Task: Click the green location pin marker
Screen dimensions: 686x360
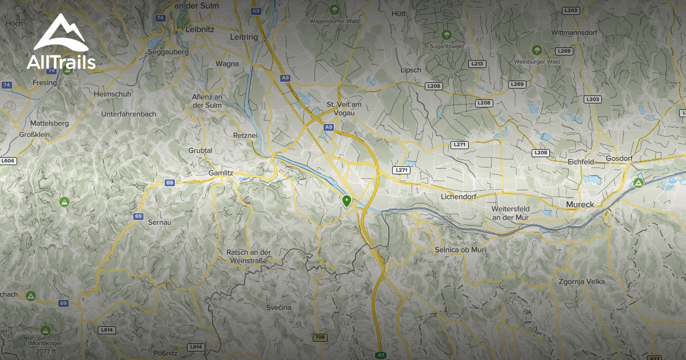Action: tap(346, 201)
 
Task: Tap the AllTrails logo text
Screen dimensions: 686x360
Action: tap(61, 62)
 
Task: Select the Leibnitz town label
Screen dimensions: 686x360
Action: tap(199, 28)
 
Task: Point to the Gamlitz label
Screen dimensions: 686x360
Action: tap(221, 172)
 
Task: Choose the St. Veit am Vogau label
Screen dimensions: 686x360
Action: tap(344, 109)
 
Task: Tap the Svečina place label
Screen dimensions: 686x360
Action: tap(278, 307)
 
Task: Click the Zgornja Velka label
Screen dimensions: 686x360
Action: tap(581, 282)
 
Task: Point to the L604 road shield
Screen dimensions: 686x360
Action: tap(7, 162)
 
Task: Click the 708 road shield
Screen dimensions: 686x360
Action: tap(320, 337)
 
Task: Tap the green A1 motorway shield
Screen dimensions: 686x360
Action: tap(381, 355)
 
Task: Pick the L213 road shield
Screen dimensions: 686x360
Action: tap(477, 64)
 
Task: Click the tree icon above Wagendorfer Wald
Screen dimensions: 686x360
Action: tap(334, 10)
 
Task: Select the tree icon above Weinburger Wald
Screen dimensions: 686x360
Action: tap(536, 50)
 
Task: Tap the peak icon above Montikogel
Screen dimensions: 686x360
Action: tap(45, 330)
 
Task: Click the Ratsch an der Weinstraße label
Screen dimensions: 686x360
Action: tap(248, 255)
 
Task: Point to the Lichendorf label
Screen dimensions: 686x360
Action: tap(458, 197)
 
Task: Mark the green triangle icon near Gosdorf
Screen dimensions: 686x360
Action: tap(639, 183)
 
